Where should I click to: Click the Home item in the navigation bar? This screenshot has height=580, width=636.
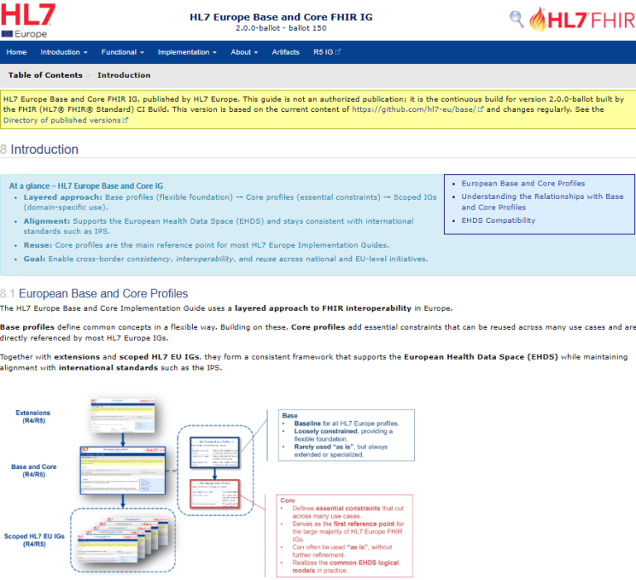coord(17,52)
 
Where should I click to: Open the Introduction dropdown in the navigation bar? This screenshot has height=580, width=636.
coord(63,52)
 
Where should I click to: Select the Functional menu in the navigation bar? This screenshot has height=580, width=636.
coord(122,52)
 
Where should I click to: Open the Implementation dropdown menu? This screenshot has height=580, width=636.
coord(186,52)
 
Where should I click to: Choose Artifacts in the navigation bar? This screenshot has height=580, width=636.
coord(286,52)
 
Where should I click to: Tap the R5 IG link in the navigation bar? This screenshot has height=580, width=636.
coord(326,52)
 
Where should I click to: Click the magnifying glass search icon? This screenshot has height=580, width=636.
coord(517,18)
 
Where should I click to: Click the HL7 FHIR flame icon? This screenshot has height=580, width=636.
coord(539,19)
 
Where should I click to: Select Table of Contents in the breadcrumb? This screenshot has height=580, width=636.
coord(46,75)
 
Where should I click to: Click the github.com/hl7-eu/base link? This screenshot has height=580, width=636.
coord(417,109)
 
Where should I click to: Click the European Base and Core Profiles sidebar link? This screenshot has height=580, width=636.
coord(523,183)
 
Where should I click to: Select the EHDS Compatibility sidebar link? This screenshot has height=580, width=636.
coord(498,220)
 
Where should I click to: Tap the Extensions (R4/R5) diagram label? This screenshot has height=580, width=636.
coord(33,417)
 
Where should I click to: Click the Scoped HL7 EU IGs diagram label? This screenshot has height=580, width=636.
coord(34,539)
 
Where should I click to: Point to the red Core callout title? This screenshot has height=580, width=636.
coord(288,501)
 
